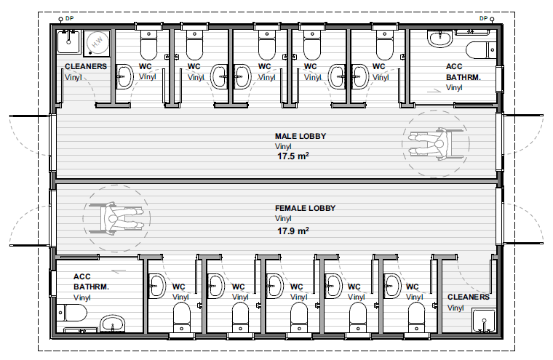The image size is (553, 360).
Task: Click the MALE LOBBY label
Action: [x=301, y=136]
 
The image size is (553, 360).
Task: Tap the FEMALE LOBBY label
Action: [x=305, y=208]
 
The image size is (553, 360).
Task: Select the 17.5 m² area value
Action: [x=293, y=156]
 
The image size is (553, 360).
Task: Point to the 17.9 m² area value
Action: [x=293, y=231]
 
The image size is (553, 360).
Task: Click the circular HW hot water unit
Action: [x=98, y=43]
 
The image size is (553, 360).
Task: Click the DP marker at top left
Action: [x=66, y=18]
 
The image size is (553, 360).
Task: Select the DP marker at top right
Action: [x=487, y=18]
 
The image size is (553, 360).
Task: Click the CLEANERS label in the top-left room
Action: [x=86, y=66]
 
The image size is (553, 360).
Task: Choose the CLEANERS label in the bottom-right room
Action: [x=469, y=297]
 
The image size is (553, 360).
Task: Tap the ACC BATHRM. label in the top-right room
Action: [x=463, y=71]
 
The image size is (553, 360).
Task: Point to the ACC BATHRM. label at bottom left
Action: [x=91, y=281]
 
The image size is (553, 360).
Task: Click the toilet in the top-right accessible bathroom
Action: [x=481, y=50]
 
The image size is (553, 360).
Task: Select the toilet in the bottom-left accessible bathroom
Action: [x=71, y=313]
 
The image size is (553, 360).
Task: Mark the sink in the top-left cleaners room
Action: [x=69, y=41]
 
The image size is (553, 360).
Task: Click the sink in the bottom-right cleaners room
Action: [x=484, y=321]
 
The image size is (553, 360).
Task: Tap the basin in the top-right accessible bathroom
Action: [x=439, y=38]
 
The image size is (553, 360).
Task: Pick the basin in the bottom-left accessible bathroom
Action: [x=113, y=324]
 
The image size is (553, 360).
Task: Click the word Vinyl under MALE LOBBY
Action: [x=283, y=146]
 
